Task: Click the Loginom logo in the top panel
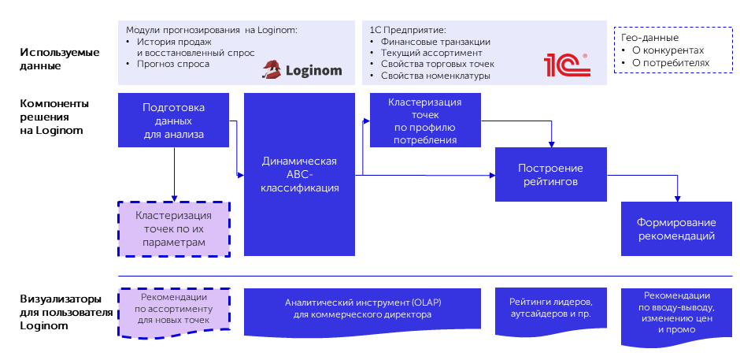click(302, 70)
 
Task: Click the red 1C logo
click(566, 65)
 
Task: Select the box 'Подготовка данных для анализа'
click(173, 121)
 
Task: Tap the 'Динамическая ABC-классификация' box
click(299, 174)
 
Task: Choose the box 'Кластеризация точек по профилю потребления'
click(425, 121)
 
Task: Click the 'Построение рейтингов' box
click(550, 174)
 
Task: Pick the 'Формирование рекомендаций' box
click(676, 228)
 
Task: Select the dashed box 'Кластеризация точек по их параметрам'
click(174, 229)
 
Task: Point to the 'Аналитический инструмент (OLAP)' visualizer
click(362, 308)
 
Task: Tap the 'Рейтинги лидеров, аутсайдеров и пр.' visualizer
click(551, 308)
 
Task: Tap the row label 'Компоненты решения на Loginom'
click(54, 117)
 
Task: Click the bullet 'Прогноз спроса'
click(173, 64)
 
